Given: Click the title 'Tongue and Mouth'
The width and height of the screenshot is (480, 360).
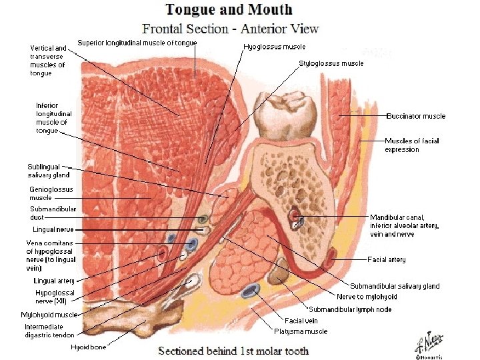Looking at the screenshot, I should [229, 9].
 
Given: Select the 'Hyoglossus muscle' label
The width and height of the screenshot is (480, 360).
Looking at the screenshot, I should [275, 47].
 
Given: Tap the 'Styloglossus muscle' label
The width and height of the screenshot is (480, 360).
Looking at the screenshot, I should [331, 63].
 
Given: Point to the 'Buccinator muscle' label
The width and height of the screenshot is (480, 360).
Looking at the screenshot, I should [415, 116].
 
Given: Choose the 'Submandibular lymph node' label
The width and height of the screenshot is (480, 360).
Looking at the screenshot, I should [349, 309].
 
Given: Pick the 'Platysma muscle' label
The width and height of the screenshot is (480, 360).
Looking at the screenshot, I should [301, 331].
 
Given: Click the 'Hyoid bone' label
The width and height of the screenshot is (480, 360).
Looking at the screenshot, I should [89, 347].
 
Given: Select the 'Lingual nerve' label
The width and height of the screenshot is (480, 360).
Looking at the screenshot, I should [52, 229].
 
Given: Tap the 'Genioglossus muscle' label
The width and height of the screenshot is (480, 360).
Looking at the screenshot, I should [51, 193].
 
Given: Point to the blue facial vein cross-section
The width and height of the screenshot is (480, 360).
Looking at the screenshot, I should [251, 290].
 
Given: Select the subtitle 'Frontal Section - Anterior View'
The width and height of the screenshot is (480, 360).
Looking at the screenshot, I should [230, 29].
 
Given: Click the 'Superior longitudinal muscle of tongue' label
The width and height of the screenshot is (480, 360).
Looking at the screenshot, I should [137, 43].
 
